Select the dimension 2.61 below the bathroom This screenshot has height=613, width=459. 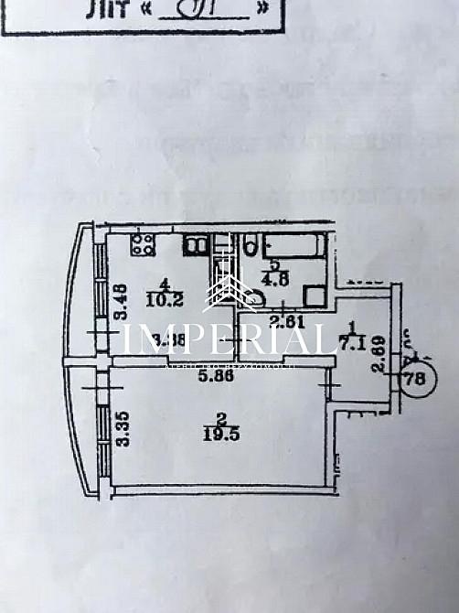coord(290,319)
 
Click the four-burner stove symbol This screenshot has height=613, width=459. coord(144,244)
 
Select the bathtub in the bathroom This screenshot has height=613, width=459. coord(293,246)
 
